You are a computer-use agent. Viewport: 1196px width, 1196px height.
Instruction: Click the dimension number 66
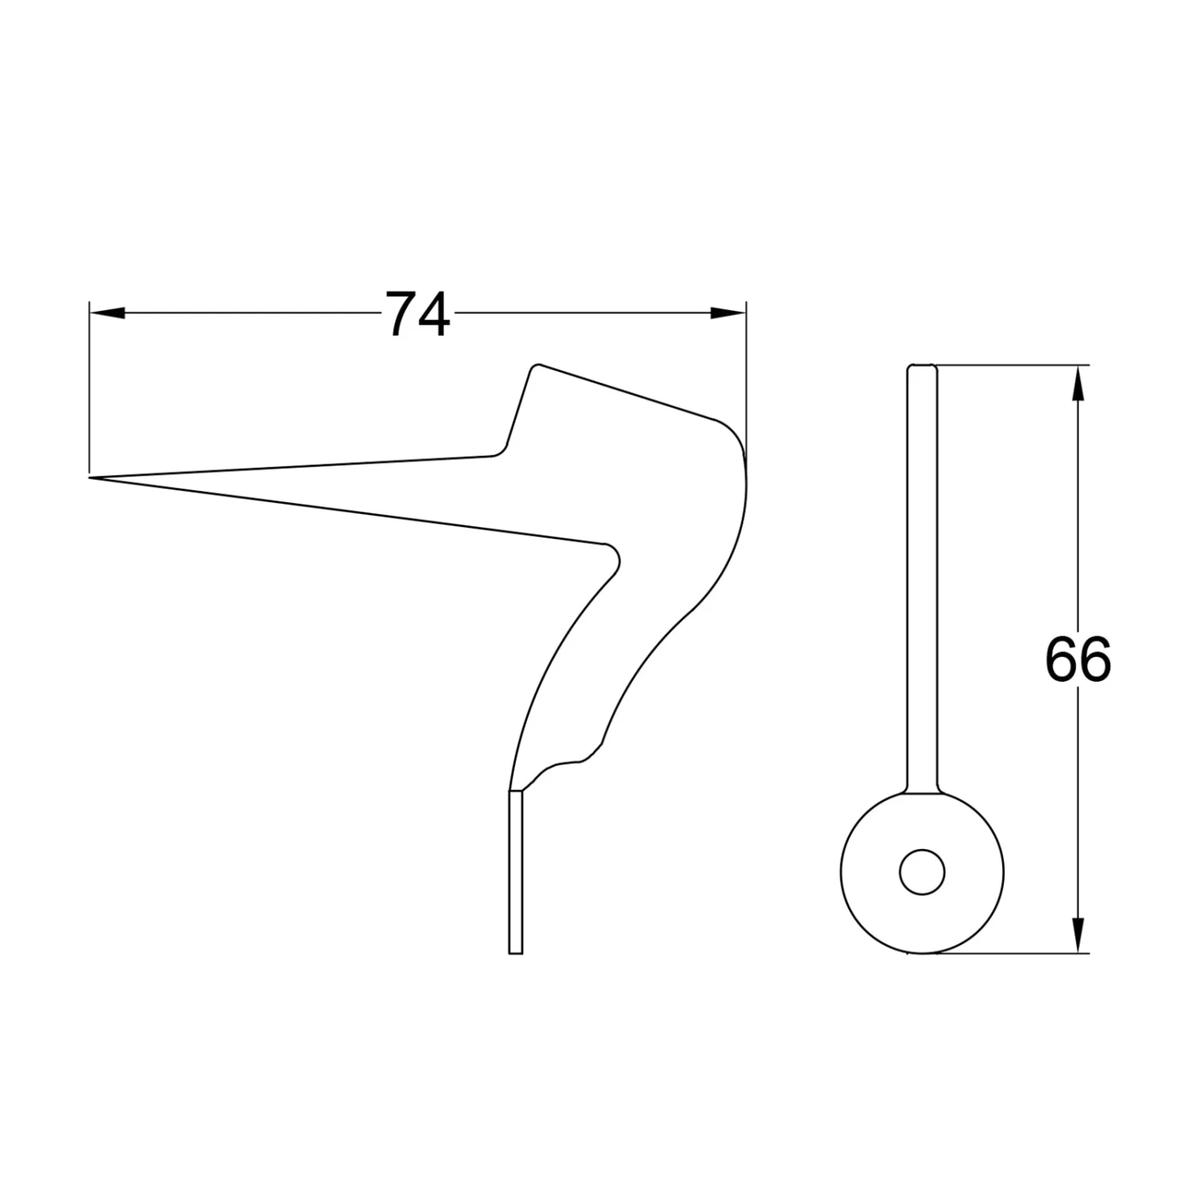pyautogui.click(x=1077, y=659)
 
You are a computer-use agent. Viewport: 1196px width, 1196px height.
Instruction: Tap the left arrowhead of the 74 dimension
pyautogui.click(x=108, y=314)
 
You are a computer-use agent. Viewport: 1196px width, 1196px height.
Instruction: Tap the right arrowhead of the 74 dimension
pyautogui.click(x=728, y=314)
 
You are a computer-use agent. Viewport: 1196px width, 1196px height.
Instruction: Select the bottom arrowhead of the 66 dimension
pyautogui.click(x=1078, y=934)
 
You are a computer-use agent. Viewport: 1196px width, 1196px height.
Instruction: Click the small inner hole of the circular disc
pyautogui.click(x=923, y=871)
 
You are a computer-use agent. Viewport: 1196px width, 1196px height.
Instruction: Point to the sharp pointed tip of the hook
pyautogui.click(x=92, y=478)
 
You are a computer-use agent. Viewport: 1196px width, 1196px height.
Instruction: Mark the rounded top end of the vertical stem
pyautogui.click(x=923, y=368)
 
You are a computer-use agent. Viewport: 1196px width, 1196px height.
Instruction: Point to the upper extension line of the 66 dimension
pyautogui.click(x=1013, y=366)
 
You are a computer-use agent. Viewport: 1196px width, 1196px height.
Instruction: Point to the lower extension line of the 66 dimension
pyautogui.click(x=1013, y=953)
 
